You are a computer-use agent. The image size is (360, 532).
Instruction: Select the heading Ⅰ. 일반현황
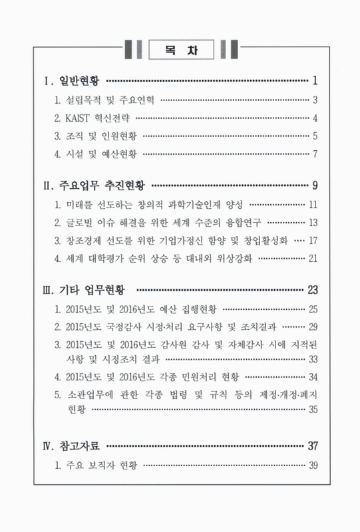click(73, 82)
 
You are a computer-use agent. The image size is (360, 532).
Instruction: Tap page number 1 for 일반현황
click(314, 82)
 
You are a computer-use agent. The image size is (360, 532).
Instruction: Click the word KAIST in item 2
click(83, 119)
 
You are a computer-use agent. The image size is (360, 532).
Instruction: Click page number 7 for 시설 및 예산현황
click(315, 156)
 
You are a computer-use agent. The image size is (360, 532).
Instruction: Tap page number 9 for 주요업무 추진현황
click(315, 184)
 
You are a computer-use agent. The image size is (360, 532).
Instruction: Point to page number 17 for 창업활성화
click(313, 240)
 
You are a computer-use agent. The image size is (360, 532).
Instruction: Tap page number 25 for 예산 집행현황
click(313, 309)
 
